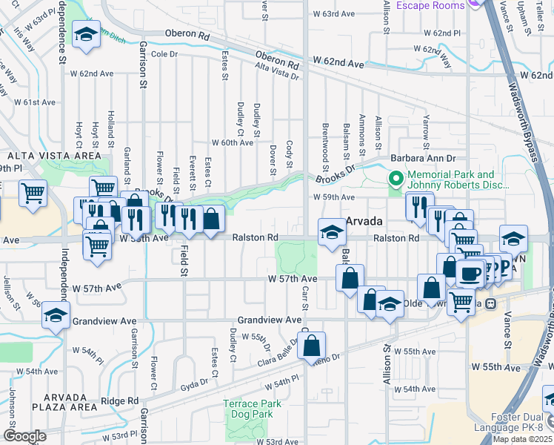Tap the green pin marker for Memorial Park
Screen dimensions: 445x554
coord(396,179)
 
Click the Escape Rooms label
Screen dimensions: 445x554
coord(430,5)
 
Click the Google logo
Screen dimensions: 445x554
coord(24,436)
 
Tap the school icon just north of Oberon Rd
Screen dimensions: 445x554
coord(87,33)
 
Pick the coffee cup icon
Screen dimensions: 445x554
coord(470,273)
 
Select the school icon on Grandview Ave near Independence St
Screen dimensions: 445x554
coord(56,315)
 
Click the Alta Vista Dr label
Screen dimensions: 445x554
coord(276,71)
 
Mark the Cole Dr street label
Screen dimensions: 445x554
coord(165,54)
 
